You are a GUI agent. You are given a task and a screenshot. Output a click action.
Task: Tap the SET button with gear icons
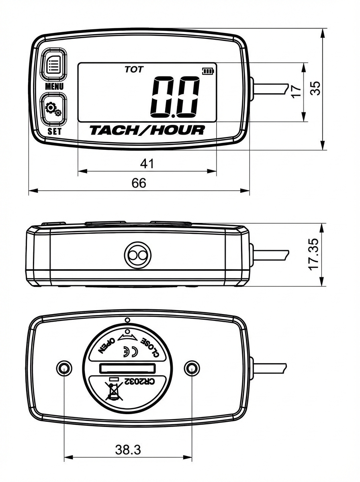point(53,109)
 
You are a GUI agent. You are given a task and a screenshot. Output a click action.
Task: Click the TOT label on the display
point(134,69)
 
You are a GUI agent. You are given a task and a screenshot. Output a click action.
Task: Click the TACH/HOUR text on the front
point(147,130)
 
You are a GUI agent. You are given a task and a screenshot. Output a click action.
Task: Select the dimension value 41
point(147,163)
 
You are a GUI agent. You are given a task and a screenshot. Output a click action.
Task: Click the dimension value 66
point(139,183)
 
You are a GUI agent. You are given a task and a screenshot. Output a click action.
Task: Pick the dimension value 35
point(316,89)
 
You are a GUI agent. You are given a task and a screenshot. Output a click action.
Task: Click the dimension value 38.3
point(128,450)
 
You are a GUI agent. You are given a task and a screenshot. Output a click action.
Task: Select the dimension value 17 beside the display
point(296,91)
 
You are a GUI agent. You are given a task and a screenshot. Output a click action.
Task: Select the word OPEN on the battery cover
point(106,345)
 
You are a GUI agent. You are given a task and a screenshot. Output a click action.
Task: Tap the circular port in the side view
point(137,255)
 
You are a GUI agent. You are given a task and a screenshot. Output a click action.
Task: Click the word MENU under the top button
point(54,86)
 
